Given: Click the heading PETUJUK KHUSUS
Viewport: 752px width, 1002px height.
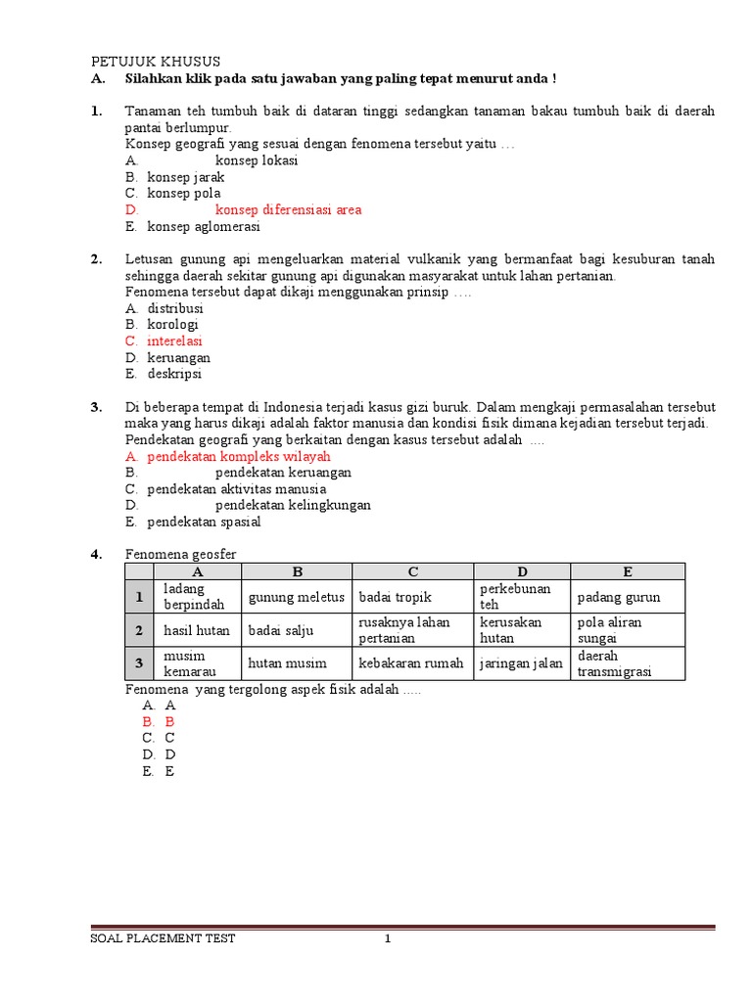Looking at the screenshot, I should click(x=156, y=61).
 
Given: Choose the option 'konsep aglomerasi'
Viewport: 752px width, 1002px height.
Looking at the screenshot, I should click(x=204, y=226).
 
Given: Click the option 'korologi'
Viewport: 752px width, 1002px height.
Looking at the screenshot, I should click(x=172, y=324).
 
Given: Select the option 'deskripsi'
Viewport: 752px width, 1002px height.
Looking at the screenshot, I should click(x=175, y=374).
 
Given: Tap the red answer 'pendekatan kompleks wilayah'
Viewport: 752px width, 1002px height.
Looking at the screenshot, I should click(x=239, y=456).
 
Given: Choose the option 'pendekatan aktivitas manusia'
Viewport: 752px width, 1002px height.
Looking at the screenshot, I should click(x=237, y=488).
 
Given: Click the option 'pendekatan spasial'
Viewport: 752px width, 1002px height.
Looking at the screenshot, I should click(x=204, y=522).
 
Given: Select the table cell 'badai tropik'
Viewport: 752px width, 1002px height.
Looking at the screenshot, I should click(x=395, y=597).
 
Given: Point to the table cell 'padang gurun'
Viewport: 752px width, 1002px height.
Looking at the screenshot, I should click(x=619, y=597).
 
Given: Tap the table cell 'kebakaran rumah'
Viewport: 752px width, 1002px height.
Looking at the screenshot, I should click(x=411, y=662).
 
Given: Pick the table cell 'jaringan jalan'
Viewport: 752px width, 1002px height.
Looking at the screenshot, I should click(x=521, y=662).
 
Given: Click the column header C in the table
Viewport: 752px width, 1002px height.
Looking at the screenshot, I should click(x=413, y=571).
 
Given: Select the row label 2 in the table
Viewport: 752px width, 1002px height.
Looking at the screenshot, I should click(x=139, y=630).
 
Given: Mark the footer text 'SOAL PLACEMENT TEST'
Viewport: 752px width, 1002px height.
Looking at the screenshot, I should click(x=163, y=939).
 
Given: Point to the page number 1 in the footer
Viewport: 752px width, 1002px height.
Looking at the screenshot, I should click(x=388, y=939).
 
